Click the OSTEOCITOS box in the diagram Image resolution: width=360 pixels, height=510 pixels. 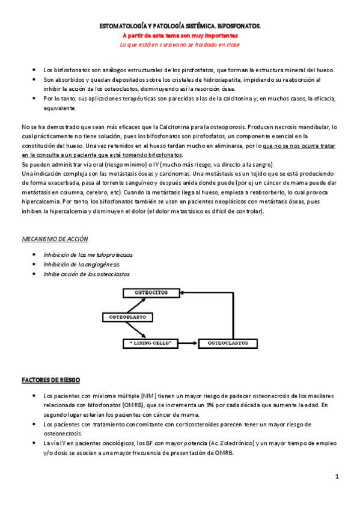point(151,292)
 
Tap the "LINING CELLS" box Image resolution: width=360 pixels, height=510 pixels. point(151,343)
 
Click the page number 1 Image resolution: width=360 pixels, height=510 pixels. point(337,477)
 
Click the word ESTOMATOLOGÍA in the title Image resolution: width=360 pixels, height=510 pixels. point(123,27)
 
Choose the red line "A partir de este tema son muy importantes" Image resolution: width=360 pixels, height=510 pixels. point(180,35)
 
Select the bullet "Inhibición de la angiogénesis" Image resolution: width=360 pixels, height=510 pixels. point(82,264)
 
